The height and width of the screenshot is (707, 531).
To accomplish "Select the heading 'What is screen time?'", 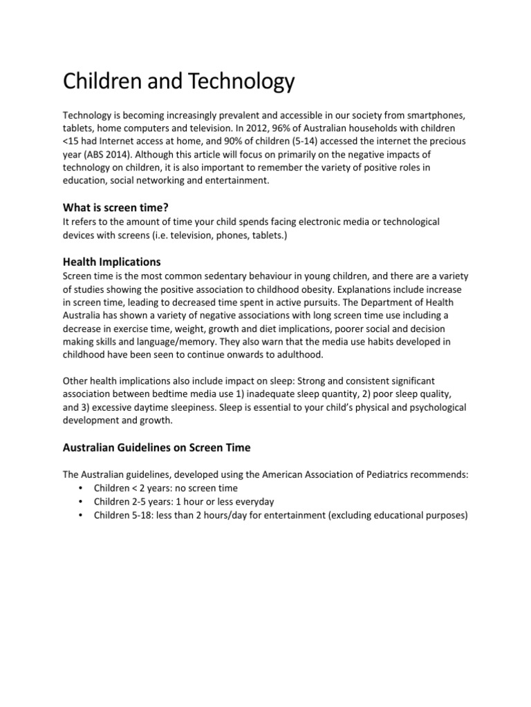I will click(x=116, y=206).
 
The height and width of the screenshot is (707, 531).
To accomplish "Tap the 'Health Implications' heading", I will click(x=112, y=262).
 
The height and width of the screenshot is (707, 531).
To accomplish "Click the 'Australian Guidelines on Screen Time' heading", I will click(x=157, y=447).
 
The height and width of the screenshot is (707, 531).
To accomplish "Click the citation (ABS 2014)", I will click(x=111, y=153).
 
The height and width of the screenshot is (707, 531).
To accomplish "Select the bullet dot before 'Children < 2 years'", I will click(x=82, y=488).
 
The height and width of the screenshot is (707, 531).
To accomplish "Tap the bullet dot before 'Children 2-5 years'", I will click(x=82, y=501).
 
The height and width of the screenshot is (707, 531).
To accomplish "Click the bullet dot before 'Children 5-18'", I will click(x=82, y=514).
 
